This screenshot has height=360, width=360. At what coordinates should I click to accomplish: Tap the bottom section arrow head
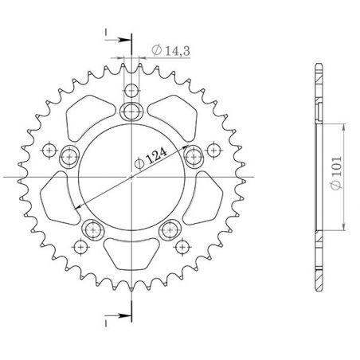(x=121, y=317)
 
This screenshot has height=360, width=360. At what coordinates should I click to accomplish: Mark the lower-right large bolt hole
(x=169, y=230)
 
